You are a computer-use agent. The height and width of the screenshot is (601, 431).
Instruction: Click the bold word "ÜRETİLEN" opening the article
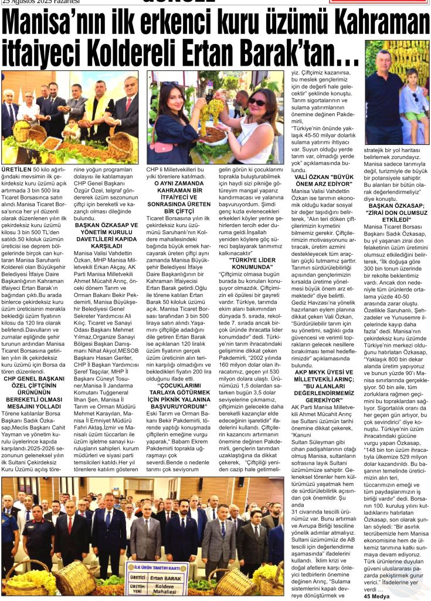coord(17,170)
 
